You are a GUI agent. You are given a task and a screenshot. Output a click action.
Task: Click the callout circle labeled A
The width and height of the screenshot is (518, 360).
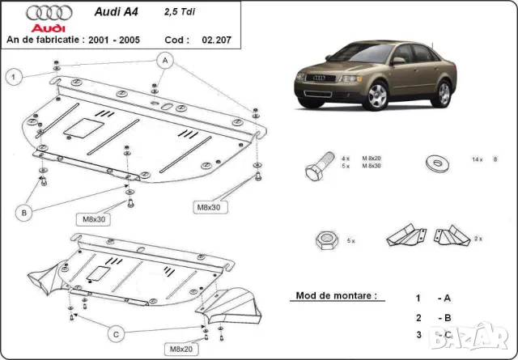pyautogui.click(x=164, y=60)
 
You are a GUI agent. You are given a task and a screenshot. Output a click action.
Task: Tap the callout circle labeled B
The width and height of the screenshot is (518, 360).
pyautogui.click(x=25, y=213)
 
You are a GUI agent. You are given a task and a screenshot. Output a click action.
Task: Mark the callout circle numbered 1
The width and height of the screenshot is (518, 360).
pyautogui.click(x=14, y=77)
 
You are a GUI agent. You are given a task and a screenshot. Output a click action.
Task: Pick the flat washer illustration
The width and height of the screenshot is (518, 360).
pyautogui.click(x=439, y=161)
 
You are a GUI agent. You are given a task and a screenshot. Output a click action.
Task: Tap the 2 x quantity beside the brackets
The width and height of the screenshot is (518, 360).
pyautogui.click(x=478, y=239)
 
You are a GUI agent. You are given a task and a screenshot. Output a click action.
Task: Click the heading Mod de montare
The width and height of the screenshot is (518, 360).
pyautogui.click(x=336, y=296)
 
